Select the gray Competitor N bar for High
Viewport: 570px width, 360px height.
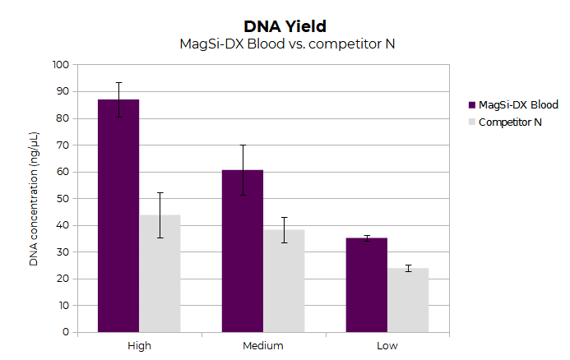coord(160,273)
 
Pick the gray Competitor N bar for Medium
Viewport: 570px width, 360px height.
coord(284,280)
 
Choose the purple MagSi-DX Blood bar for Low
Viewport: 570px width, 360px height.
coord(367,284)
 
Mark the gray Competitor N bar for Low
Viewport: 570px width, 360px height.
coord(408,300)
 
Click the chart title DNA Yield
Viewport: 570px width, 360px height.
coord(287,25)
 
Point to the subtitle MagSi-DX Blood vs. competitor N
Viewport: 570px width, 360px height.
coord(287,44)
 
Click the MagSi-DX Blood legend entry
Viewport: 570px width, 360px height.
coord(518,104)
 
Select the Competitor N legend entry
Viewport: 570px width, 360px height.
coord(510,122)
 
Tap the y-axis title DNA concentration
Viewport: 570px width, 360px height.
coord(34,198)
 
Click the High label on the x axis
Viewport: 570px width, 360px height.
coord(139,345)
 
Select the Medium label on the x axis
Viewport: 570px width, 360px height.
coord(263,345)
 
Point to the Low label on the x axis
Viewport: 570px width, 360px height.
coord(387,345)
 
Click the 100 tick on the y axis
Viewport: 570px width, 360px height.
coord(60,65)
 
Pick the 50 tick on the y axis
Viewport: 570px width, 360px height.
coord(63,198)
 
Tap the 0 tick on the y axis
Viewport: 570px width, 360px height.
coord(66,332)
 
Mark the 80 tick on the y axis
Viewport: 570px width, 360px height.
coord(63,118)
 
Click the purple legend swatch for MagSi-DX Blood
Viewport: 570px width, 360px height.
coord(472,104)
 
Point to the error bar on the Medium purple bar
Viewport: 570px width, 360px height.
coord(243,169)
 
